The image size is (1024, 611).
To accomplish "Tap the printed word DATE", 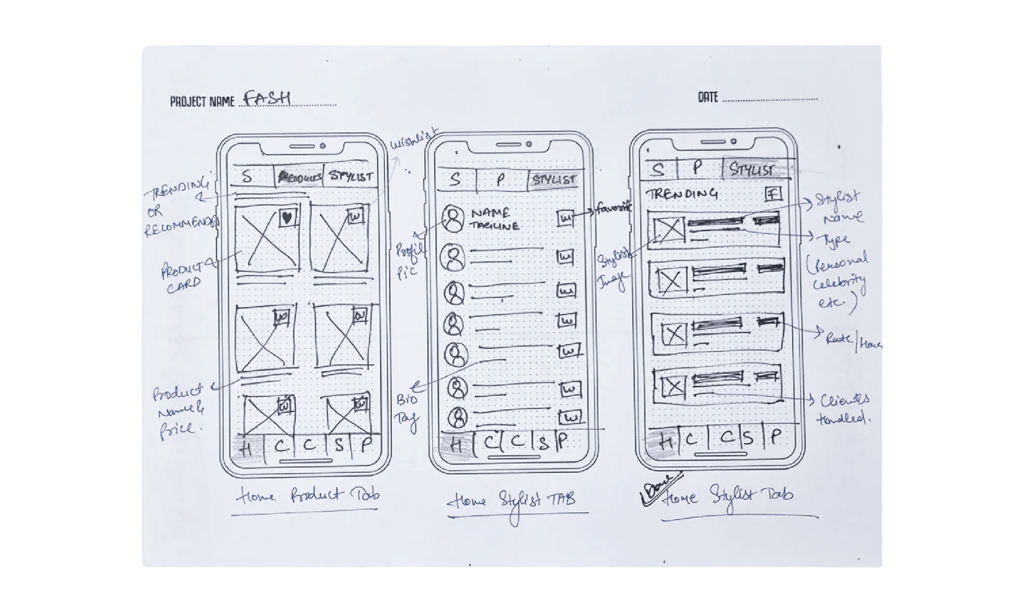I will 708,97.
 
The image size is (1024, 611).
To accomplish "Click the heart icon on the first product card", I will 287,218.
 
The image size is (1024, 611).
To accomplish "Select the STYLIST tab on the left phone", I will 351,176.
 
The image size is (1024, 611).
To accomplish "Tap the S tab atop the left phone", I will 247,177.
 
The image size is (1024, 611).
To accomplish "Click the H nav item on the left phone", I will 246,449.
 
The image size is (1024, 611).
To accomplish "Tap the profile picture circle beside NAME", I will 454,219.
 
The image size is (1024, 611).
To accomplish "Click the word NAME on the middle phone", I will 490,213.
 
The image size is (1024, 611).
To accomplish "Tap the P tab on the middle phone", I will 500,180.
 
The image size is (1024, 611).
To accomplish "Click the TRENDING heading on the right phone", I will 682,194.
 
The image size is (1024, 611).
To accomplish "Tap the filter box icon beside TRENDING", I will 773,194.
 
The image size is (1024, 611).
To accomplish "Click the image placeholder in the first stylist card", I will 668,230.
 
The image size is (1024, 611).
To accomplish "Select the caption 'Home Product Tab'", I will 308,496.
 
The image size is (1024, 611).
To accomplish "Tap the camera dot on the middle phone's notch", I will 529,144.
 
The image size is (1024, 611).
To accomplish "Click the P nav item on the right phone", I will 775,436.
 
